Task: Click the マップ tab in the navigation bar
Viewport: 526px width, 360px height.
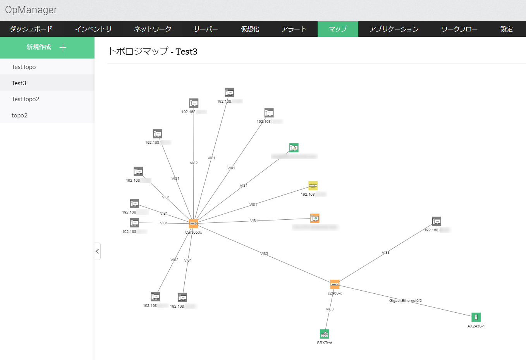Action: [338, 29]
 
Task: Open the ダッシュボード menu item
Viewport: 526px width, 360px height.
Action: [31, 29]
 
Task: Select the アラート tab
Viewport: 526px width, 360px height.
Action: [294, 29]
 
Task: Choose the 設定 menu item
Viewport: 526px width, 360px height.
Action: [506, 29]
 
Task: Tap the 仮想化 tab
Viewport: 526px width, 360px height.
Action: [250, 29]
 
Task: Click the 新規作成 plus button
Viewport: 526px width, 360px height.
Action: [63, 47]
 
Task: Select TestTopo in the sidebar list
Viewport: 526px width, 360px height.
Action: [24, 67]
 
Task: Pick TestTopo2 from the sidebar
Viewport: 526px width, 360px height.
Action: [25, 99]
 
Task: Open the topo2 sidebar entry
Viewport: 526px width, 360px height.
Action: [19, 115]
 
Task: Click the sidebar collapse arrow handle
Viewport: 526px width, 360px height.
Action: [97, 251]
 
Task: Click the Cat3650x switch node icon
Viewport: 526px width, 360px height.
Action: [194, 224]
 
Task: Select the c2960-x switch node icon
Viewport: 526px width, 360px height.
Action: [335, 284]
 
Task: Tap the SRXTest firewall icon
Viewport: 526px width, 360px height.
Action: [325, 334]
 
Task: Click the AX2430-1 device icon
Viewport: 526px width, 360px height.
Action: [476, 317]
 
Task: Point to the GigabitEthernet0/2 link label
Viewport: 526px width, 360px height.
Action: [406, 301]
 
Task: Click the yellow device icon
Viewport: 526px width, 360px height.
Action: [313, 186]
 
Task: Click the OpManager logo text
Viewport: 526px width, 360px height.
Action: [31, 10]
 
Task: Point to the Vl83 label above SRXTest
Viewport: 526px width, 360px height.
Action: [330, 309]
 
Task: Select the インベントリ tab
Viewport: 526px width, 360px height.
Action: [93, 29]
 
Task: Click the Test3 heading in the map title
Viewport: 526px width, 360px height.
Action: [186, 52]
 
